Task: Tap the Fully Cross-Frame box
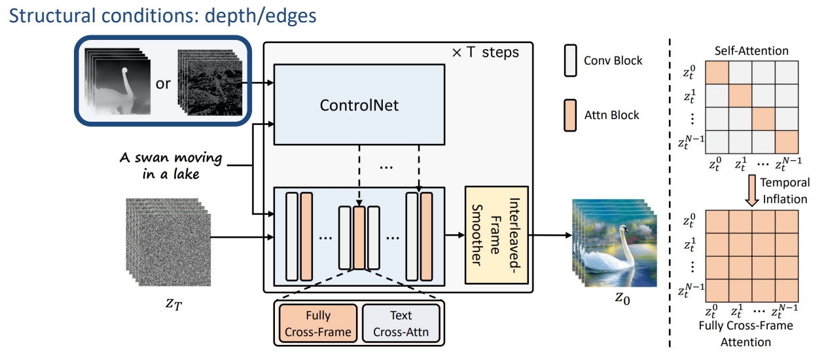tap(317, 323)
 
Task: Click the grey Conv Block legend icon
tap(569, 60)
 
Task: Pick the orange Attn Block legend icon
tap(569, 115)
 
